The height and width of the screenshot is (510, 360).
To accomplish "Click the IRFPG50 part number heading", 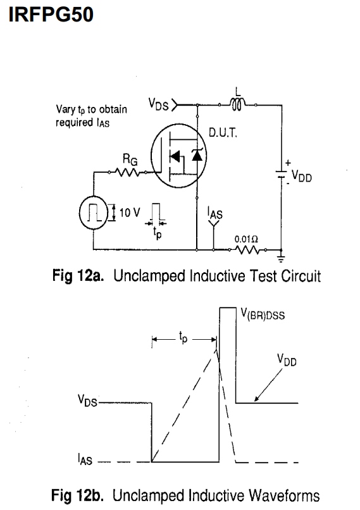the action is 51,15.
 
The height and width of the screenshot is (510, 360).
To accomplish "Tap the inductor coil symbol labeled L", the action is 237,104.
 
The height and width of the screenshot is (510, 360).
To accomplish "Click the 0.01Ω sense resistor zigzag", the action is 247,250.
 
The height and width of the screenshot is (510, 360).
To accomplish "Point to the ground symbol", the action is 282,258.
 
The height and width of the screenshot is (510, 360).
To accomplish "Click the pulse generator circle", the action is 94,213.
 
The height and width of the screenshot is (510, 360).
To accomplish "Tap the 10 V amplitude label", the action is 130,213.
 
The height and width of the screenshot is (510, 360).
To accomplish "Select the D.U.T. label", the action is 223,133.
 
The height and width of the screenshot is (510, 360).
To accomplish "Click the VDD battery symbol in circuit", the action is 282,175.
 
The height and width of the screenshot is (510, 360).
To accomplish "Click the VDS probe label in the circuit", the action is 158,104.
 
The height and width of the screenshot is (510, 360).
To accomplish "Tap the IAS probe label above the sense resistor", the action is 214,213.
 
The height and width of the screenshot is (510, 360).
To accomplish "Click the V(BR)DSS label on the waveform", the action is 263,314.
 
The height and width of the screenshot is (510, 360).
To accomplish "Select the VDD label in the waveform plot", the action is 287,360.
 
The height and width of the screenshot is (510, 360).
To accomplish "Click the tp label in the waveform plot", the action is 183,337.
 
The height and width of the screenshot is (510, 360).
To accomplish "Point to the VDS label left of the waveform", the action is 87,401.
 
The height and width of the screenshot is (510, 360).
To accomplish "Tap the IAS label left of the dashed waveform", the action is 85,459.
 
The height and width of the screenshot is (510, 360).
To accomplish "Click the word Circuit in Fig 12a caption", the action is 301,276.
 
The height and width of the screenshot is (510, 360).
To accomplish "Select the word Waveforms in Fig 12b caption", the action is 284,495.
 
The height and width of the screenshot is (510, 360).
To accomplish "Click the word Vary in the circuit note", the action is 66,109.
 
